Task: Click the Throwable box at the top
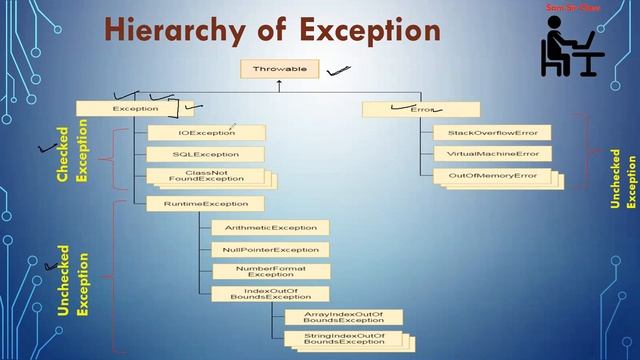pos(280,69)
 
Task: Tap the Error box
pos(406,108)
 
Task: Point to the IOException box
pos(206,132)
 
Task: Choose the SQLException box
pos(206,154)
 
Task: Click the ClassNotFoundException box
pos(207,177)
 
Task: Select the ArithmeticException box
pos(270,227)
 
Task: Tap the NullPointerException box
pos(270,249)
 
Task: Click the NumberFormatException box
pos(270,271)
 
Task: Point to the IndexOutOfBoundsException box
pos(270,293)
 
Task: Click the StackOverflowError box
pos(492,132)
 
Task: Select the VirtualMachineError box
pos(492,154)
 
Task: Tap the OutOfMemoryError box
pos(492,176)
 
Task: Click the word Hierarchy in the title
pos(171,30)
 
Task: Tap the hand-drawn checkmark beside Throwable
pos(338,70)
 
